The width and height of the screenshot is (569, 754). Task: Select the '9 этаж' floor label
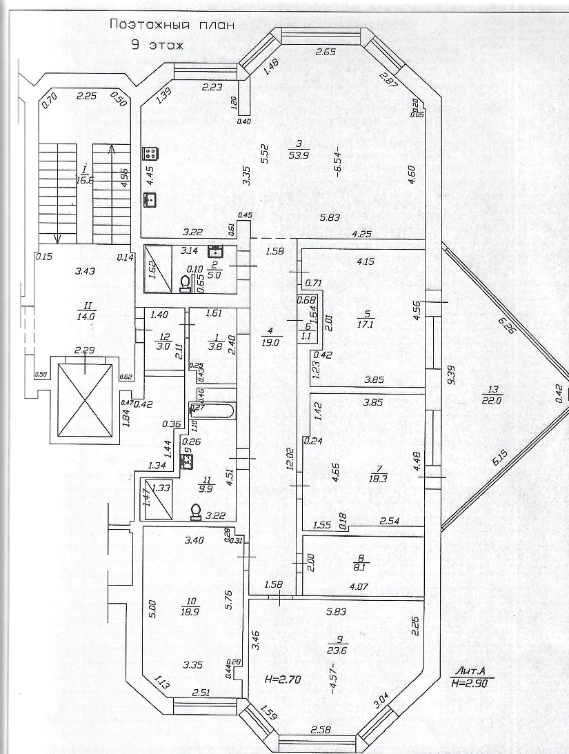pos(158,46)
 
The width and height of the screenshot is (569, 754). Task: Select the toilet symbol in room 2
pos(185,283)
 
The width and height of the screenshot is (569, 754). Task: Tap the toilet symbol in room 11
pos(195,511)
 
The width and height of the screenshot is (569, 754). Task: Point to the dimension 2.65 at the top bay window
pos(325,52)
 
